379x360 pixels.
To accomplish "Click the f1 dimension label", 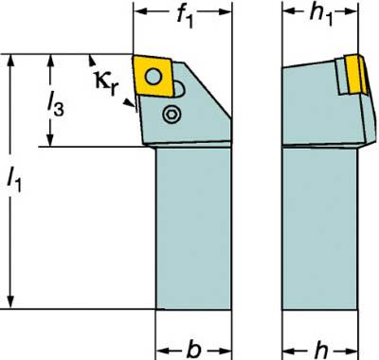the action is (185, 17).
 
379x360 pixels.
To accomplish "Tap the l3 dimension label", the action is (55, 105).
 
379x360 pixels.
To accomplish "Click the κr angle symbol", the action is (106, 83).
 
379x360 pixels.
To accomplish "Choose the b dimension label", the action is (193, 350).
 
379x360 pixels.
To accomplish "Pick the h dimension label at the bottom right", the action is (321, 350).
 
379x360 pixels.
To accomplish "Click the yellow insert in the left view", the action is (153, 76).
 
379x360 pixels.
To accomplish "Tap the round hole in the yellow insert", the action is (153, 76).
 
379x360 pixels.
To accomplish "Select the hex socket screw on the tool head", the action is (171, 114).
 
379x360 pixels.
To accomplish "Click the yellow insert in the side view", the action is (356, 74).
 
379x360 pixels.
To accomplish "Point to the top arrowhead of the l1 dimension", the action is (10, 61).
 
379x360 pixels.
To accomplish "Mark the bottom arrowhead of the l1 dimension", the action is (10, 301).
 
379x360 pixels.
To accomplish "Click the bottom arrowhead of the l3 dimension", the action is (49, 140).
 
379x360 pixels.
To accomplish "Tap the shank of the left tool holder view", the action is (193, 228).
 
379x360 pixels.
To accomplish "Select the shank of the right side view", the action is (320, 228).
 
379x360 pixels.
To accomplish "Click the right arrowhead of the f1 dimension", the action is (225, 11).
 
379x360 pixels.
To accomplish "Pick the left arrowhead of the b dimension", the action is (163, 351).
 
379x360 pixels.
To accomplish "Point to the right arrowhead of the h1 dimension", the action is (351, 11).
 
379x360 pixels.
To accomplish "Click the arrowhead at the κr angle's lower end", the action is (128, 102).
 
